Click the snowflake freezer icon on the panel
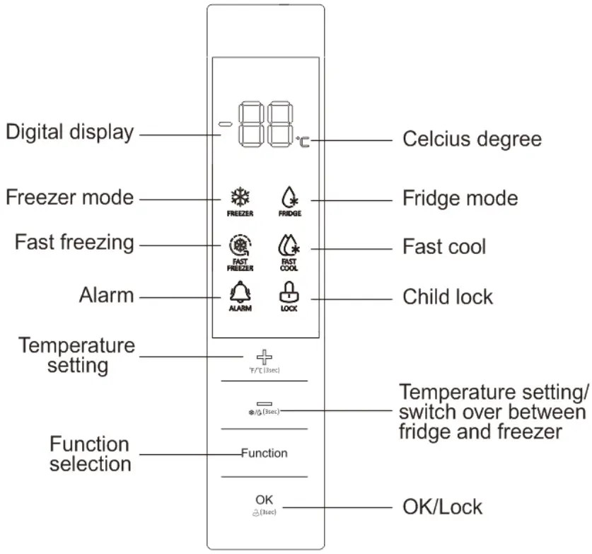240,197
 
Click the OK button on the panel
264,500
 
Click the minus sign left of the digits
226,125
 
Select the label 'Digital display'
69,132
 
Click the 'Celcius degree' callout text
472,139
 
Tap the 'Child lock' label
447,296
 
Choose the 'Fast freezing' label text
74,242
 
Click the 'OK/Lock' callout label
441,507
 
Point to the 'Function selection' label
89,454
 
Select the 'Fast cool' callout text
444,247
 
